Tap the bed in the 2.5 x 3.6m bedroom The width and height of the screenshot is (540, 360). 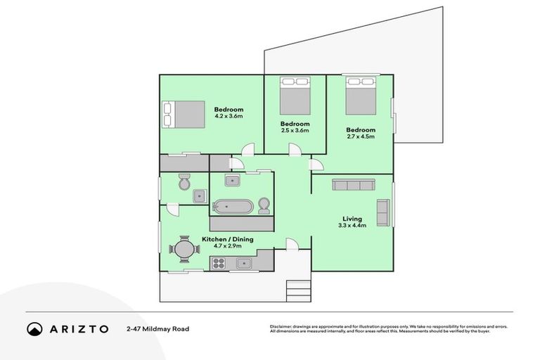point(295,97)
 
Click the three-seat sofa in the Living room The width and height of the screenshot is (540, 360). point(353,186)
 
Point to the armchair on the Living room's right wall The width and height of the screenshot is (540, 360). point(383,212)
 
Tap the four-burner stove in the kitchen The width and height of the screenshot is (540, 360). point(219,264)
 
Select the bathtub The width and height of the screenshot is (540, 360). point(233,207)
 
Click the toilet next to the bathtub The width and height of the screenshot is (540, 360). point(264,206)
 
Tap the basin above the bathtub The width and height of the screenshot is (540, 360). point(234,181)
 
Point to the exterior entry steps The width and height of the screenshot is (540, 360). point(298,290)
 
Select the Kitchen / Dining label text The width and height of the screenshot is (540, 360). point(227,240)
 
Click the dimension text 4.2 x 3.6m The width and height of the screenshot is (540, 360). point(229,116)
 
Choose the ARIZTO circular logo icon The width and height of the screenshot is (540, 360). point(34,328)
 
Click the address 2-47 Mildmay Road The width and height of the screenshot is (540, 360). point(157,328)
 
